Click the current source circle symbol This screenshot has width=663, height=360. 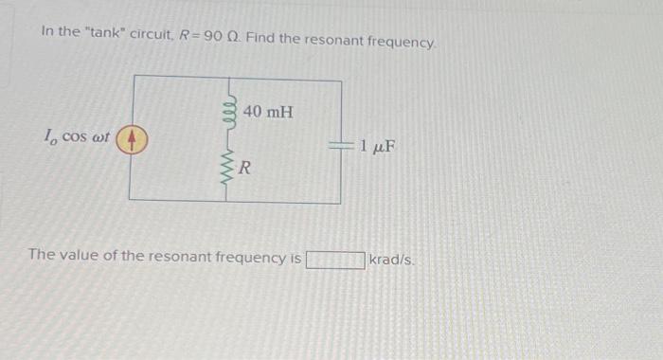(x=133, y=141)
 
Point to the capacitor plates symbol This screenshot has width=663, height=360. (x=341, y=146)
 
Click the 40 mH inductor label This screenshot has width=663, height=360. (x=268, y=113)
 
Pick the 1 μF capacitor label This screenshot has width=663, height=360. (x=377, y=146)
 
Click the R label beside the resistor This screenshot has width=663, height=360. (x=244, y=170)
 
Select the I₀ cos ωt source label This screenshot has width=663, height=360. (x=77, y=137)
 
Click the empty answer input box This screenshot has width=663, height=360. (x=334, y=259)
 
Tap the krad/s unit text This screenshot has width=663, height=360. (x=390, y=258)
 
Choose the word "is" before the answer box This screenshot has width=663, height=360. (x=296, y=257)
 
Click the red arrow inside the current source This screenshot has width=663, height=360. (x=133, y=141)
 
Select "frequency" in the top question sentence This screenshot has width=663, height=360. (x=403, y=32)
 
